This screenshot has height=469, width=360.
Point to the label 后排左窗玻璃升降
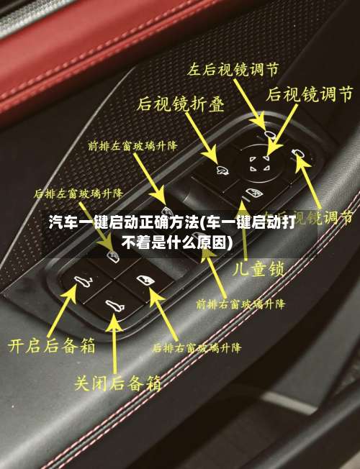coord(78,193)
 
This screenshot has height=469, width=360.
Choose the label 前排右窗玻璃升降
coord(240,304)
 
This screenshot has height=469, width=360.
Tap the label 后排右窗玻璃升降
coord(197,347)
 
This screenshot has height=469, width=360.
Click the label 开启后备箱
coord(51,345)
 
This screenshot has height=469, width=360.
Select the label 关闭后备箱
coord(118,381)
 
